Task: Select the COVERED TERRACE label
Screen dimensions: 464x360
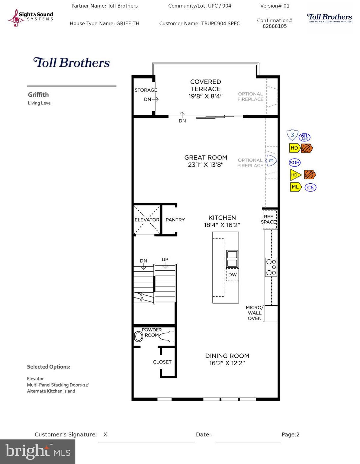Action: coord(205,85)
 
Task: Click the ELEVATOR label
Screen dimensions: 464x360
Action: coord(147,220)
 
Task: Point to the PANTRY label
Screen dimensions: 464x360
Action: coord(175,220)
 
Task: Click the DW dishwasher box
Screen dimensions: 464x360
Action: coord(232,275)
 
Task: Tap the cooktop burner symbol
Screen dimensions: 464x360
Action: coord(271,267)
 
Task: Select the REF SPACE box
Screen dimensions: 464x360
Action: coord(268,219)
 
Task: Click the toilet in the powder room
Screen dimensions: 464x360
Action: coord(166,336)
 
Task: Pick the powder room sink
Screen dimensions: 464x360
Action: coord(139,337)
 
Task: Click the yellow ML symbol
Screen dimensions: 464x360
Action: coord(295,187)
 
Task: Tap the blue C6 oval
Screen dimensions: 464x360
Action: coord(310,187)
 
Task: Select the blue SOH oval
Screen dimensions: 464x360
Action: coord(294,163)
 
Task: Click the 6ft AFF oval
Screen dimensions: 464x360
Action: coord(304,137)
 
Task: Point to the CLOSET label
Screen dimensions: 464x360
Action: coord(162,362)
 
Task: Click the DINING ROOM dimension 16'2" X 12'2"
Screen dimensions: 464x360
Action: coord(227,363)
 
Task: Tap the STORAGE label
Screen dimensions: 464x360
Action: coord(146,90)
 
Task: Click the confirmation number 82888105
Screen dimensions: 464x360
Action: coord(275,26)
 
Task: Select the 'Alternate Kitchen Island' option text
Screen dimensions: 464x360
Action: coord(51,391)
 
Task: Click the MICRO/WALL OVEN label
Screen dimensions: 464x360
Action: coord(255,313)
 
